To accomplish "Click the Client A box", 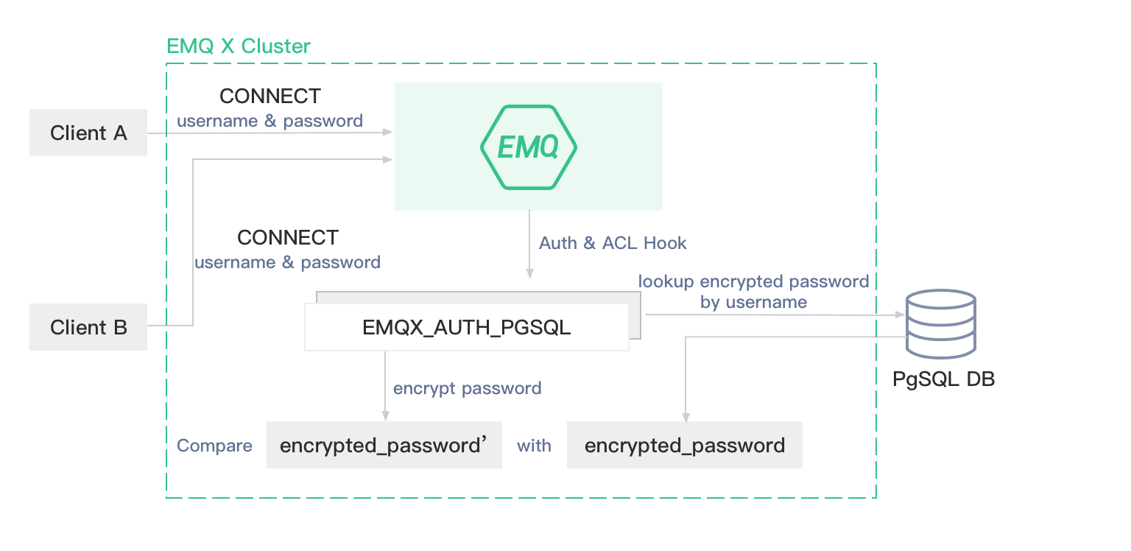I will coord(88,133).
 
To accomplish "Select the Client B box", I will coord(88,327).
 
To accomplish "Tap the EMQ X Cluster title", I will coord(239,46).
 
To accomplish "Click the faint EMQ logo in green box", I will coord(528,147).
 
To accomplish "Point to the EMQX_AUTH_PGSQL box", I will coord(466,327).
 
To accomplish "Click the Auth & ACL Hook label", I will coord(613,243).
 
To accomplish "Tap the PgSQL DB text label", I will coord(943,379).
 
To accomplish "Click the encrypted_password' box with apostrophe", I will coord(384,445).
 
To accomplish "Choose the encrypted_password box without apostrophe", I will coord(684,445).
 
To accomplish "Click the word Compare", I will coord(214,446).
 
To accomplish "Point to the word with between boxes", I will coord(534,446).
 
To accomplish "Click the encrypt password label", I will coord(467,388).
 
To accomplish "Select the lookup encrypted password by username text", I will coord(753,292).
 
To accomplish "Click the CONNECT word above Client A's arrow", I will coord(270,96).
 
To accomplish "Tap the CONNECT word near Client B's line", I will coord(288,238).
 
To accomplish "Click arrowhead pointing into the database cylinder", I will coord(900,315).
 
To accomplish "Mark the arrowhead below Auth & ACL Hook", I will coord(529,275).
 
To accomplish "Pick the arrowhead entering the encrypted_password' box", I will coord(384,417).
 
